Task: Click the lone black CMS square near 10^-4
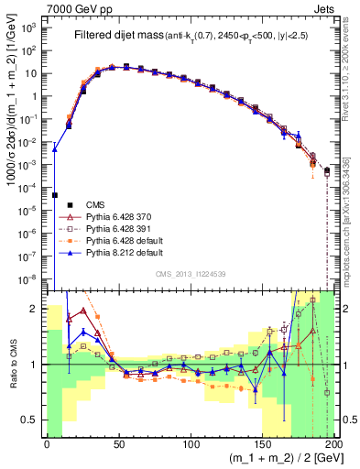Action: [x=54, y=195]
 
